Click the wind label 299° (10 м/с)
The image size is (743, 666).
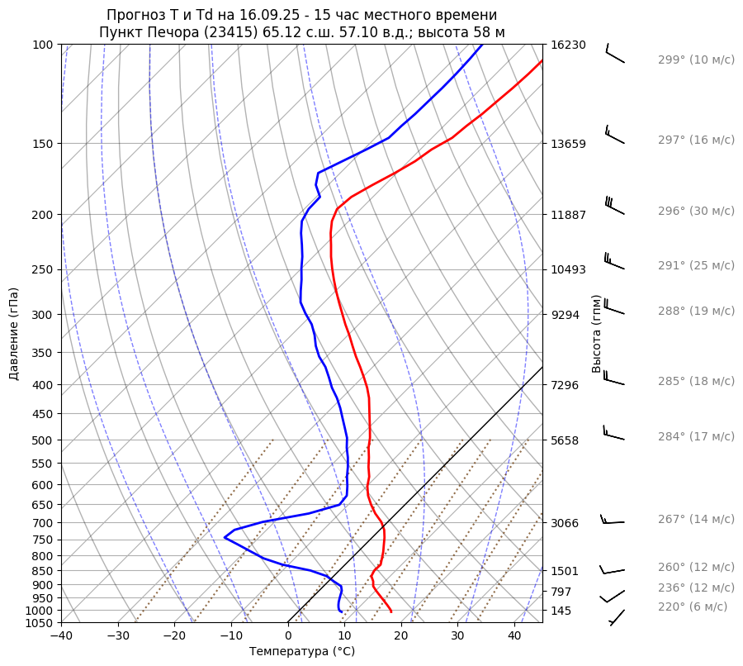696,59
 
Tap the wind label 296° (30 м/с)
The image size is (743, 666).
696,211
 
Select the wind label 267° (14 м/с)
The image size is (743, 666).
696,519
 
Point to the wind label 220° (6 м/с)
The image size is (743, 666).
693,607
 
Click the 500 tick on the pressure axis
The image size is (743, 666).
43,440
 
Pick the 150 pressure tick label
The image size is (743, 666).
43,144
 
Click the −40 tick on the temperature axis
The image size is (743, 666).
61,636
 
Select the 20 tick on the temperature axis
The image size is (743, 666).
401,636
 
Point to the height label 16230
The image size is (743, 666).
569,45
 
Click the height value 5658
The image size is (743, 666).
566,440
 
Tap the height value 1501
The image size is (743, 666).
566,571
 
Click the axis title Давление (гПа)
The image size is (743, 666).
14,334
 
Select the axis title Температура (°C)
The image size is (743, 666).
302,651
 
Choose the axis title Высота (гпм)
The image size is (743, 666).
596,333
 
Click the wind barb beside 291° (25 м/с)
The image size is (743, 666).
614,262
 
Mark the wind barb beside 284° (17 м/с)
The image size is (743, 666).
613,434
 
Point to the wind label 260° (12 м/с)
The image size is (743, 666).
696,567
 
